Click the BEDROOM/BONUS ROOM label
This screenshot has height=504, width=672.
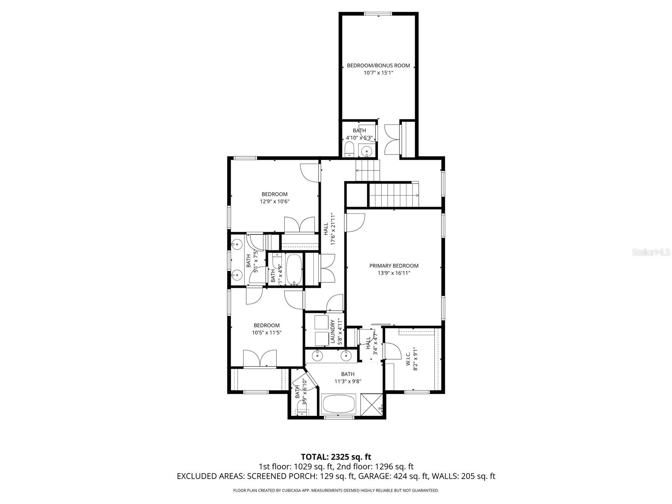378,66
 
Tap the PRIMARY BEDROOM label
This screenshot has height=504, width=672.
394,265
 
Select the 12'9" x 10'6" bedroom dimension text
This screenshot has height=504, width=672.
274,201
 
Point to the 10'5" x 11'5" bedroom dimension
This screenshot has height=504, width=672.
266,332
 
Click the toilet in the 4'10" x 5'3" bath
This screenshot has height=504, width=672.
349,150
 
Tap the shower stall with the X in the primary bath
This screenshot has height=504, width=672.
372,404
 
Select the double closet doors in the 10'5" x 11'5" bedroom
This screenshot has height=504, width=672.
260,359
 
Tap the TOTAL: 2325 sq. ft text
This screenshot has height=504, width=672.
336,457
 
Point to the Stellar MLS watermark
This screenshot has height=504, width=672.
651,252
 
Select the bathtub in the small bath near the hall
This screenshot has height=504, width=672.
294,270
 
